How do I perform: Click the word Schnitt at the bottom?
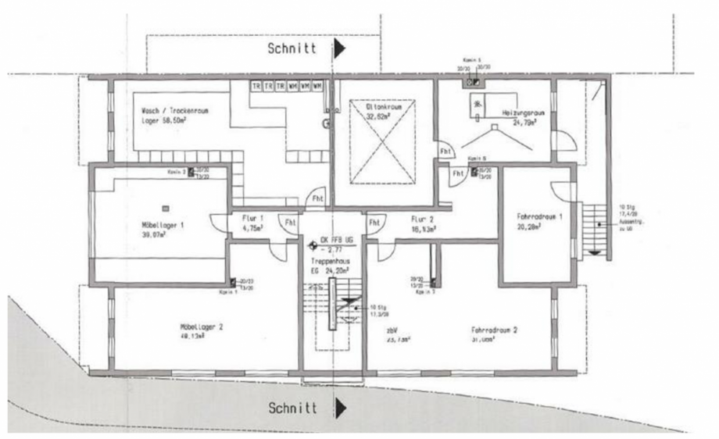(292, 408)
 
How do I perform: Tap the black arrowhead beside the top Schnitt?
(339, 49)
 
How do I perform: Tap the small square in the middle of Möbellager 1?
(165, 208)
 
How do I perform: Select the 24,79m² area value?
(524, 123)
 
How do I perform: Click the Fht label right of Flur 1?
(290, 223)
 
